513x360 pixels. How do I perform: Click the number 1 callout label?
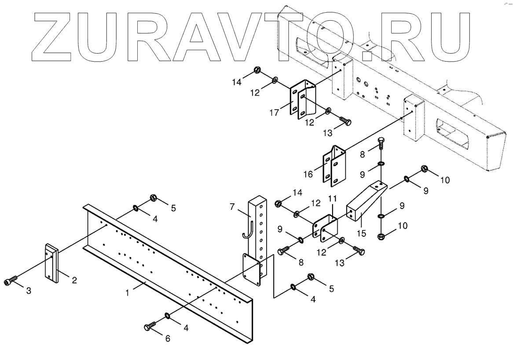[128, 292]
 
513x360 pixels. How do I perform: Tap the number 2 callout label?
[74, 280]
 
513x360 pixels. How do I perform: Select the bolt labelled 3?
[11, 280]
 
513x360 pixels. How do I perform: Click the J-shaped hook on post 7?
[246, 231]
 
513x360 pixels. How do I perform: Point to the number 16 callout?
[308, 174]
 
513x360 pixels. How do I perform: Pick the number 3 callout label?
[29, 291]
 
